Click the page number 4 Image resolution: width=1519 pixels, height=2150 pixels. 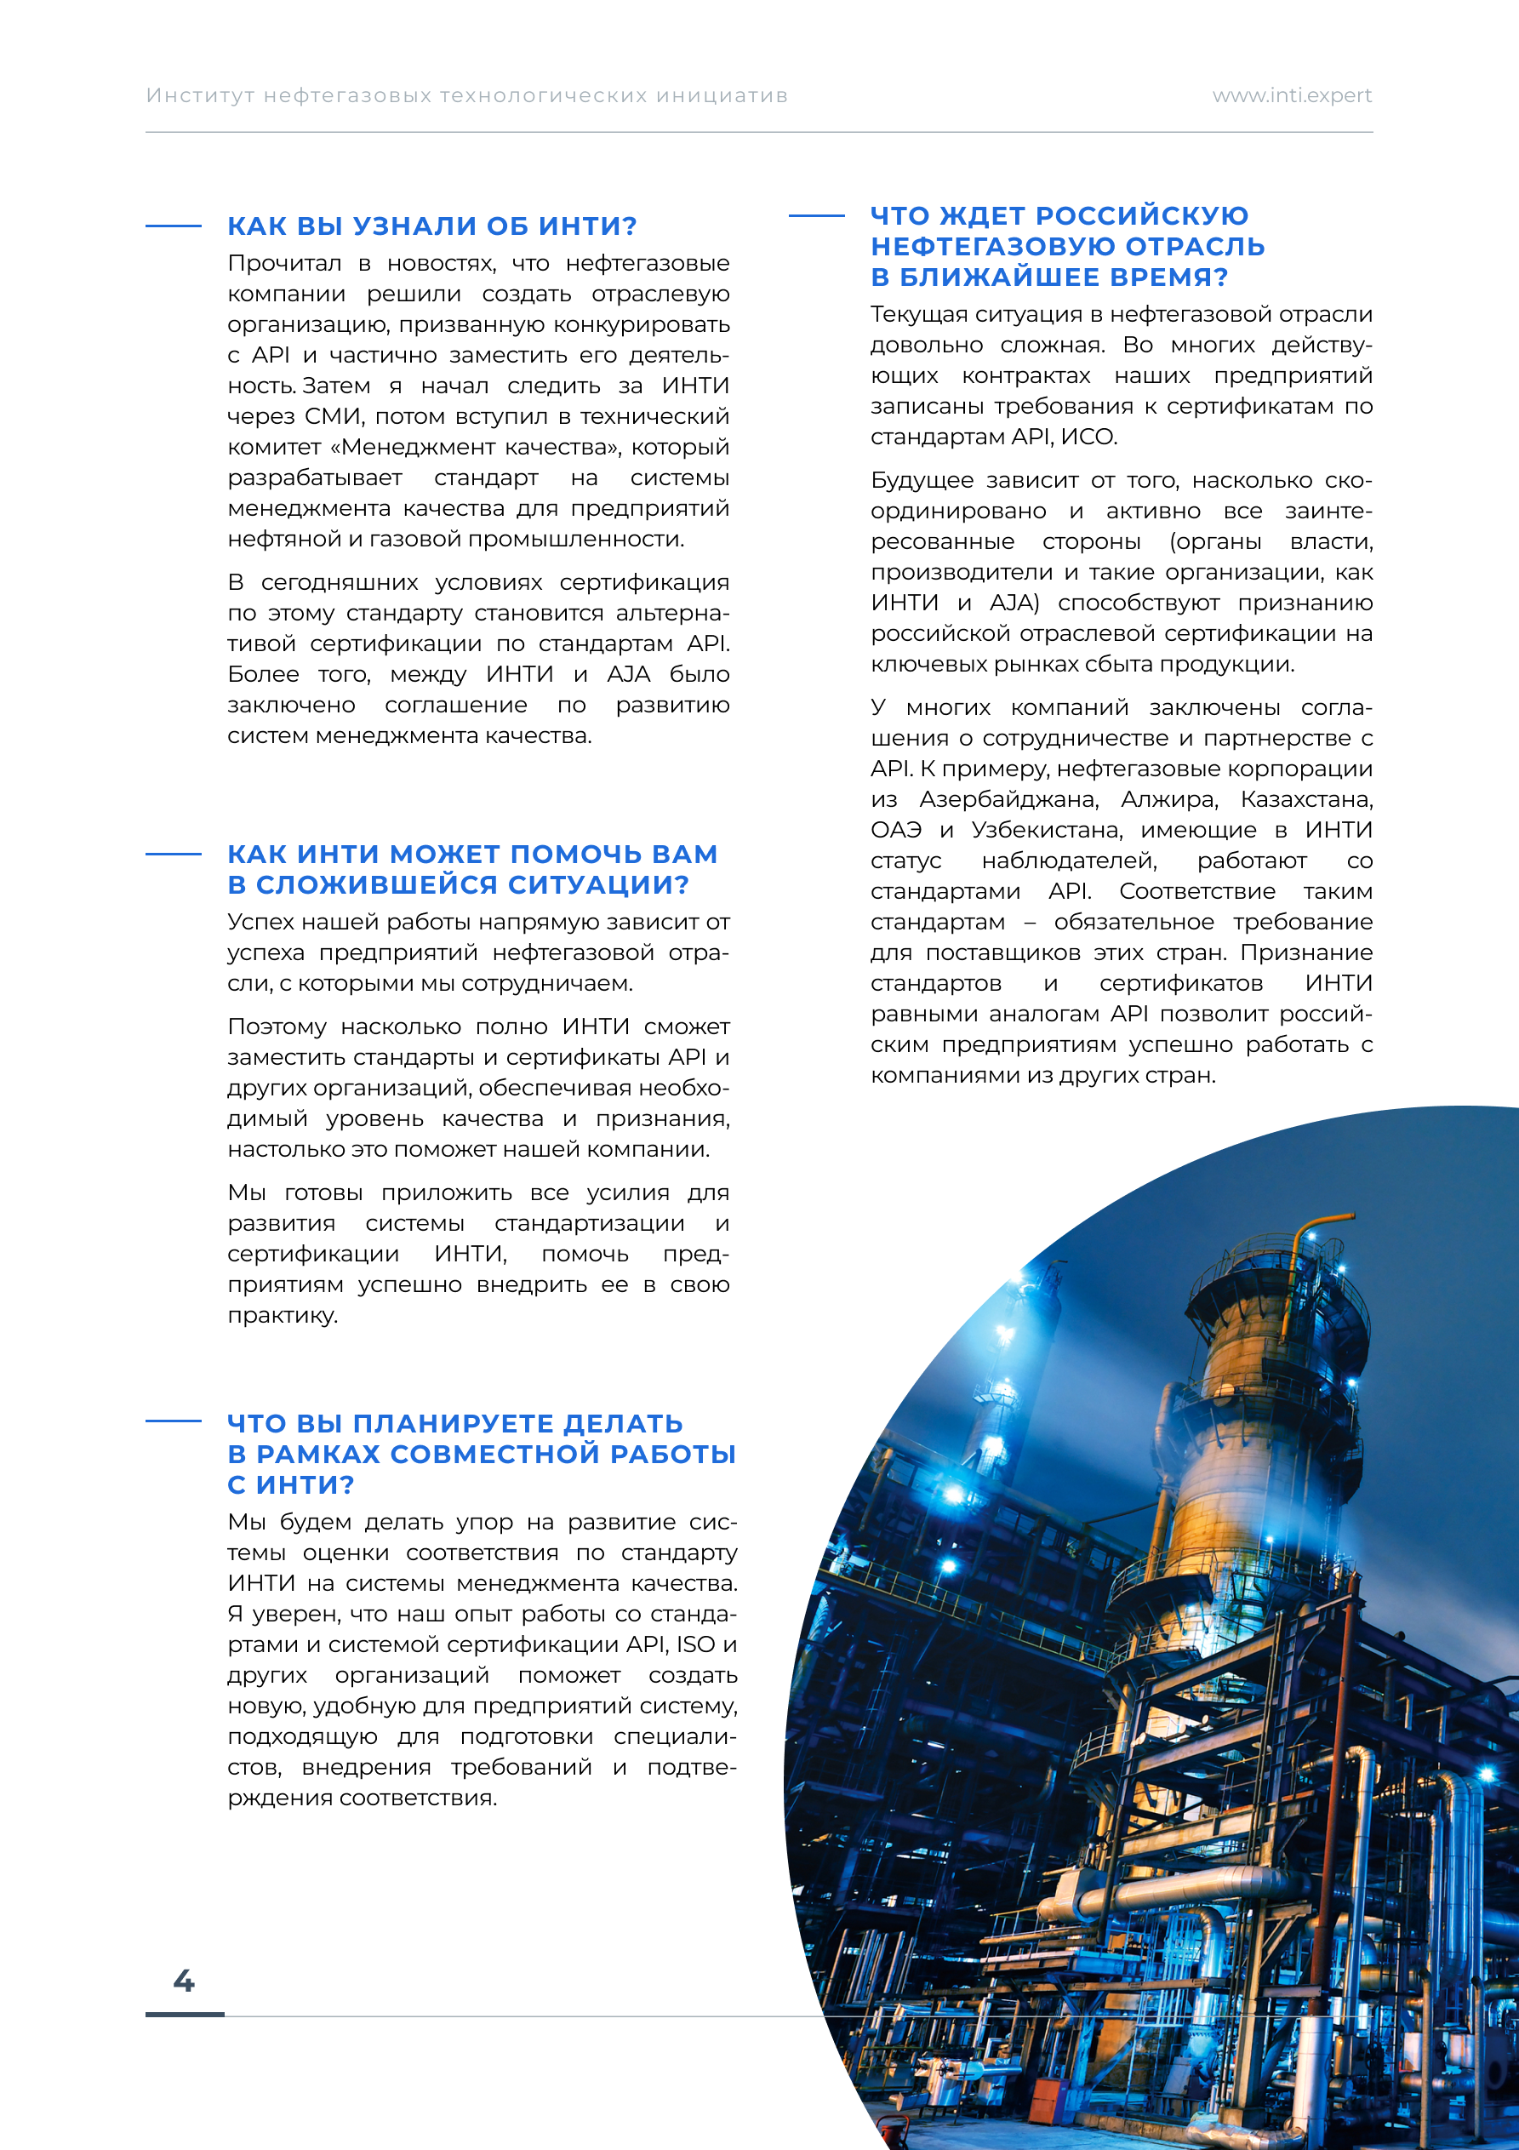pyautogui.click(x=184, y=1981)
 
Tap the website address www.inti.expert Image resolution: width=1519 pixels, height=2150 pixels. pyautogui.click(x=1292, y=95)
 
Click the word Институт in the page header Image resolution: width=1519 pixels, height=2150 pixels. pyautogui.click(x=201, y=95)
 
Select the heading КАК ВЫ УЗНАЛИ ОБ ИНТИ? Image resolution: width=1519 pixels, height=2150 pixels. pyautogui.click(x=431, y=226)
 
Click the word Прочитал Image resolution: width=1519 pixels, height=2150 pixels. pyautogui.click(x=283, y=263)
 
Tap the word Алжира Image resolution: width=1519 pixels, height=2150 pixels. pyautogui.click(x=1170, y=800)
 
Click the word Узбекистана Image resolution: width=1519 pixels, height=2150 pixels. pyautogui.click(x=1047, y=831)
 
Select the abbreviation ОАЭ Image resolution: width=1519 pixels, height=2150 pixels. pyautogui.click(x=896, y=831)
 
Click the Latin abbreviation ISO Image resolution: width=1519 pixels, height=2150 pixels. pyautogui.click(x=696, y=1644)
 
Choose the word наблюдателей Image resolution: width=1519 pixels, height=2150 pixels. pyautogui.click(x=1069, y=861)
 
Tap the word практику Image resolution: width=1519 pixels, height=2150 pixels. pyautogui.click(x=282, y=1316)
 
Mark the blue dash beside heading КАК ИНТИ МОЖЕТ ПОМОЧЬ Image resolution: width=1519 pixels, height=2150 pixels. pyautogui.click(x=174, y=854)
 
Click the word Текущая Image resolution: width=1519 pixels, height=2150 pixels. pyautogui.click(x=920, y=315)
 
